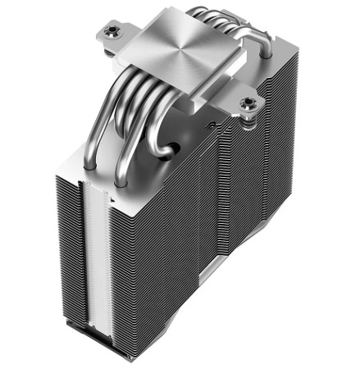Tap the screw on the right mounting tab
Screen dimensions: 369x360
pos(248,103)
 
